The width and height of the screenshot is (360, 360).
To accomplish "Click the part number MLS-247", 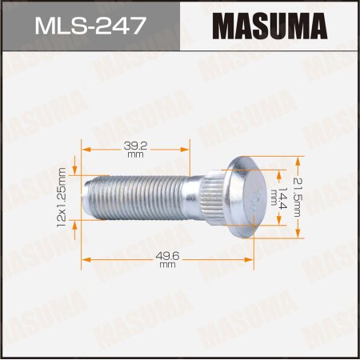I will (x=90, y=26).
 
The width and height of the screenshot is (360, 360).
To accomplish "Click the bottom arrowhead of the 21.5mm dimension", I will (x=302, y=234).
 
